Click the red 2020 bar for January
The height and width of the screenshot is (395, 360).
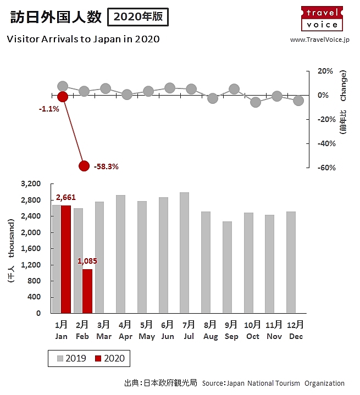click(x=65, y=259)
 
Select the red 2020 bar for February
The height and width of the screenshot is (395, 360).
click(x=87, y=291)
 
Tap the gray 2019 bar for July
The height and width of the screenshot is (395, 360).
click(x=184, y=253)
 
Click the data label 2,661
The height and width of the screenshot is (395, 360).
click(x=65, y=198)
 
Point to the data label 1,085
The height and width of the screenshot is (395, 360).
click(x=87, y=262)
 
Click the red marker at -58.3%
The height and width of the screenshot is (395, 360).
click(x=84, y=166)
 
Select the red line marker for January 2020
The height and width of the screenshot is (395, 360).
click(x=63, y=97)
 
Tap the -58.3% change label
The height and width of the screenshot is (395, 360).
click(x=106, y=166)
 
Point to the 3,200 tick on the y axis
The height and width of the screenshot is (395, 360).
click(x=31, y=184)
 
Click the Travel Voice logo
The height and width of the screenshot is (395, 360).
click(x=322, y=18)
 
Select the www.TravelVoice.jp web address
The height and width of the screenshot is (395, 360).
click(x=319, y=40)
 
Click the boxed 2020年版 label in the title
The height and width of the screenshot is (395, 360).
click(x=138, y=17)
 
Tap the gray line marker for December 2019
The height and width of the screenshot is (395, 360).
click(x=298, y=101)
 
